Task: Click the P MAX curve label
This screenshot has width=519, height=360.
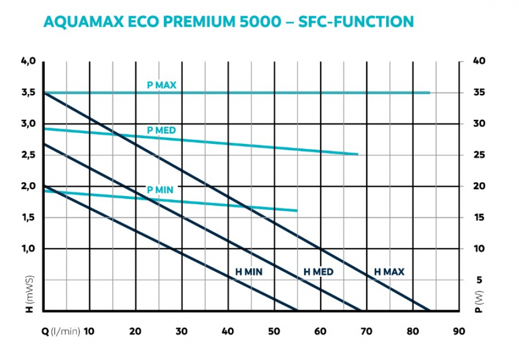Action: tap(161, 86)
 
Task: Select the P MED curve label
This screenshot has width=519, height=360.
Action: tap(161, 130)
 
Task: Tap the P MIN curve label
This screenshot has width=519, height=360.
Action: tap(160, 190)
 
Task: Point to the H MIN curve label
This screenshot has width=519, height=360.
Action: tap(249, 272)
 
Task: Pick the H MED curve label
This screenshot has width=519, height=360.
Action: tap(319, 272)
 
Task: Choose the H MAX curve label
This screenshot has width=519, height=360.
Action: tap(389, 272)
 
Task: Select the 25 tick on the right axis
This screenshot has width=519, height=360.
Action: tap(480, 155)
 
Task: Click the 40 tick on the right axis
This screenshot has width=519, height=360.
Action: tap(480, 61)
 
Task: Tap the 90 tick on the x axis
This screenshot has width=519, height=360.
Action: tap(459, 331)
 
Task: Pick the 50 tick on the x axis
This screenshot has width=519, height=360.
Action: tap(274, 331)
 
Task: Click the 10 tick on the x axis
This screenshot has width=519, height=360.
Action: tap(89, 331)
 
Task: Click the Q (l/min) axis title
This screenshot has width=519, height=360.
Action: tap(61, 331)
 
